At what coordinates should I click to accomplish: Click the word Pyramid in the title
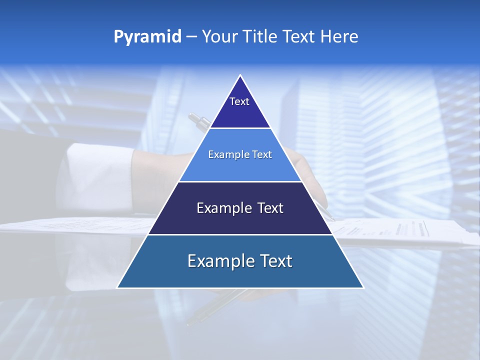tap(147, 37)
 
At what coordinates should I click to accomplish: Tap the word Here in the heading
tap(339, 36)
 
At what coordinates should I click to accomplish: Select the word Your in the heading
tap(220, 36)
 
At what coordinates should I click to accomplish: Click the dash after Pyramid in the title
tap(191, 37)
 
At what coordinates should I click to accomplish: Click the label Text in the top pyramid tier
tap(239, 101)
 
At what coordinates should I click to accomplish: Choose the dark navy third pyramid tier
tap(240, 220)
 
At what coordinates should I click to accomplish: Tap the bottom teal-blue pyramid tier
tap(240, 275)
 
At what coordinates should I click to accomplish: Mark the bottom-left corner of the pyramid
tap(118, 287)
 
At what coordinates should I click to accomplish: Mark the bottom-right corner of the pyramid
tap(362, 287)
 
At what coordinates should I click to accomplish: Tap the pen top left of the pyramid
tap(199, 121)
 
